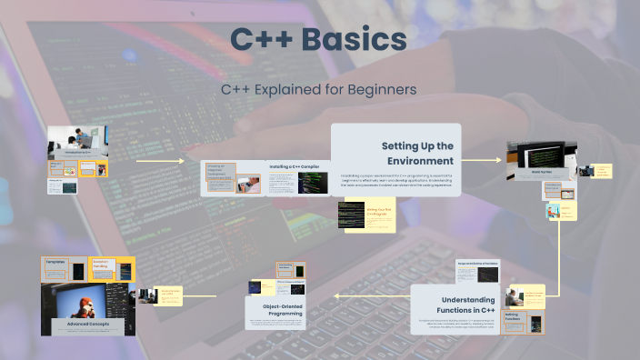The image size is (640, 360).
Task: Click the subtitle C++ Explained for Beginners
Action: point(319,90)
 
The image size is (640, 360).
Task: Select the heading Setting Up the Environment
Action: point(417,154)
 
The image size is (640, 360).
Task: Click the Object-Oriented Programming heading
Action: point(277,308)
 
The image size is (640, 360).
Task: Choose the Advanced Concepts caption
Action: point(88,324)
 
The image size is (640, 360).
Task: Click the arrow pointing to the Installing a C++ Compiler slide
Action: point(174,163)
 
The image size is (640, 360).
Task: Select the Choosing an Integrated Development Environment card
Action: point(220,172)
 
